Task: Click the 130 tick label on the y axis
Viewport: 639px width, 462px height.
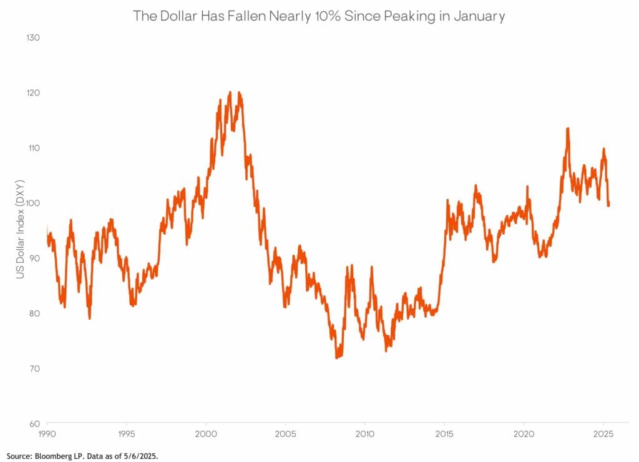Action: pos(32,37)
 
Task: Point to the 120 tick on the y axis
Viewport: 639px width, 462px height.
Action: pos(32,92)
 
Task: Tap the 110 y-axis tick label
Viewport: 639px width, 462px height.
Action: pos(32,148)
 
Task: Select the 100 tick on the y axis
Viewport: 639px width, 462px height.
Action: pos(32,203)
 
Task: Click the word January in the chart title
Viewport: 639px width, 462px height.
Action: pos(480,16)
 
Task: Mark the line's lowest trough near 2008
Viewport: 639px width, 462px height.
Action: pos(337,358)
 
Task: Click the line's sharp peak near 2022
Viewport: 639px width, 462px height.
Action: pos(567,129)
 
